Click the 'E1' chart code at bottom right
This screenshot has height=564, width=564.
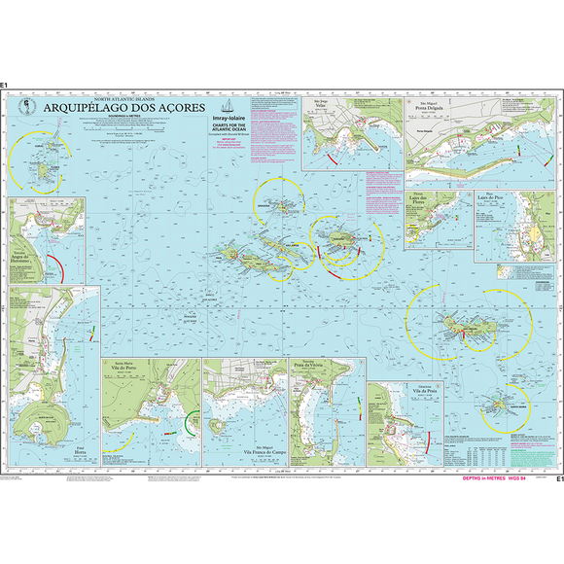[558, 478]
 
